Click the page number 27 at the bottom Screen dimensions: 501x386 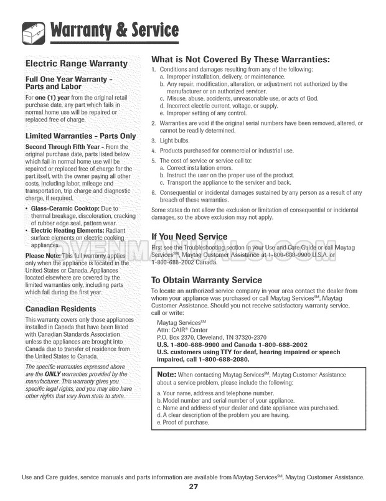pos(193,487)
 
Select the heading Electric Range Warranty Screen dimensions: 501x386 pos(76,63)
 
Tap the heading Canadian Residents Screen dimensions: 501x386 pos(60,309)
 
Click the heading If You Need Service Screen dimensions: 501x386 pos(189,236)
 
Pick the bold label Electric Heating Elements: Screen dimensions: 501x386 pos(70,231)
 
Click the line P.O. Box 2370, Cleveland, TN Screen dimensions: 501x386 pos(211,337)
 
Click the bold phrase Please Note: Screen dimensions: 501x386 pos(43,256)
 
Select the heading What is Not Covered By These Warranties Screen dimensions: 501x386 pos(240,60)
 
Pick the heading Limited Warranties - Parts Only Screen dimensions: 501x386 pos(80,136)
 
